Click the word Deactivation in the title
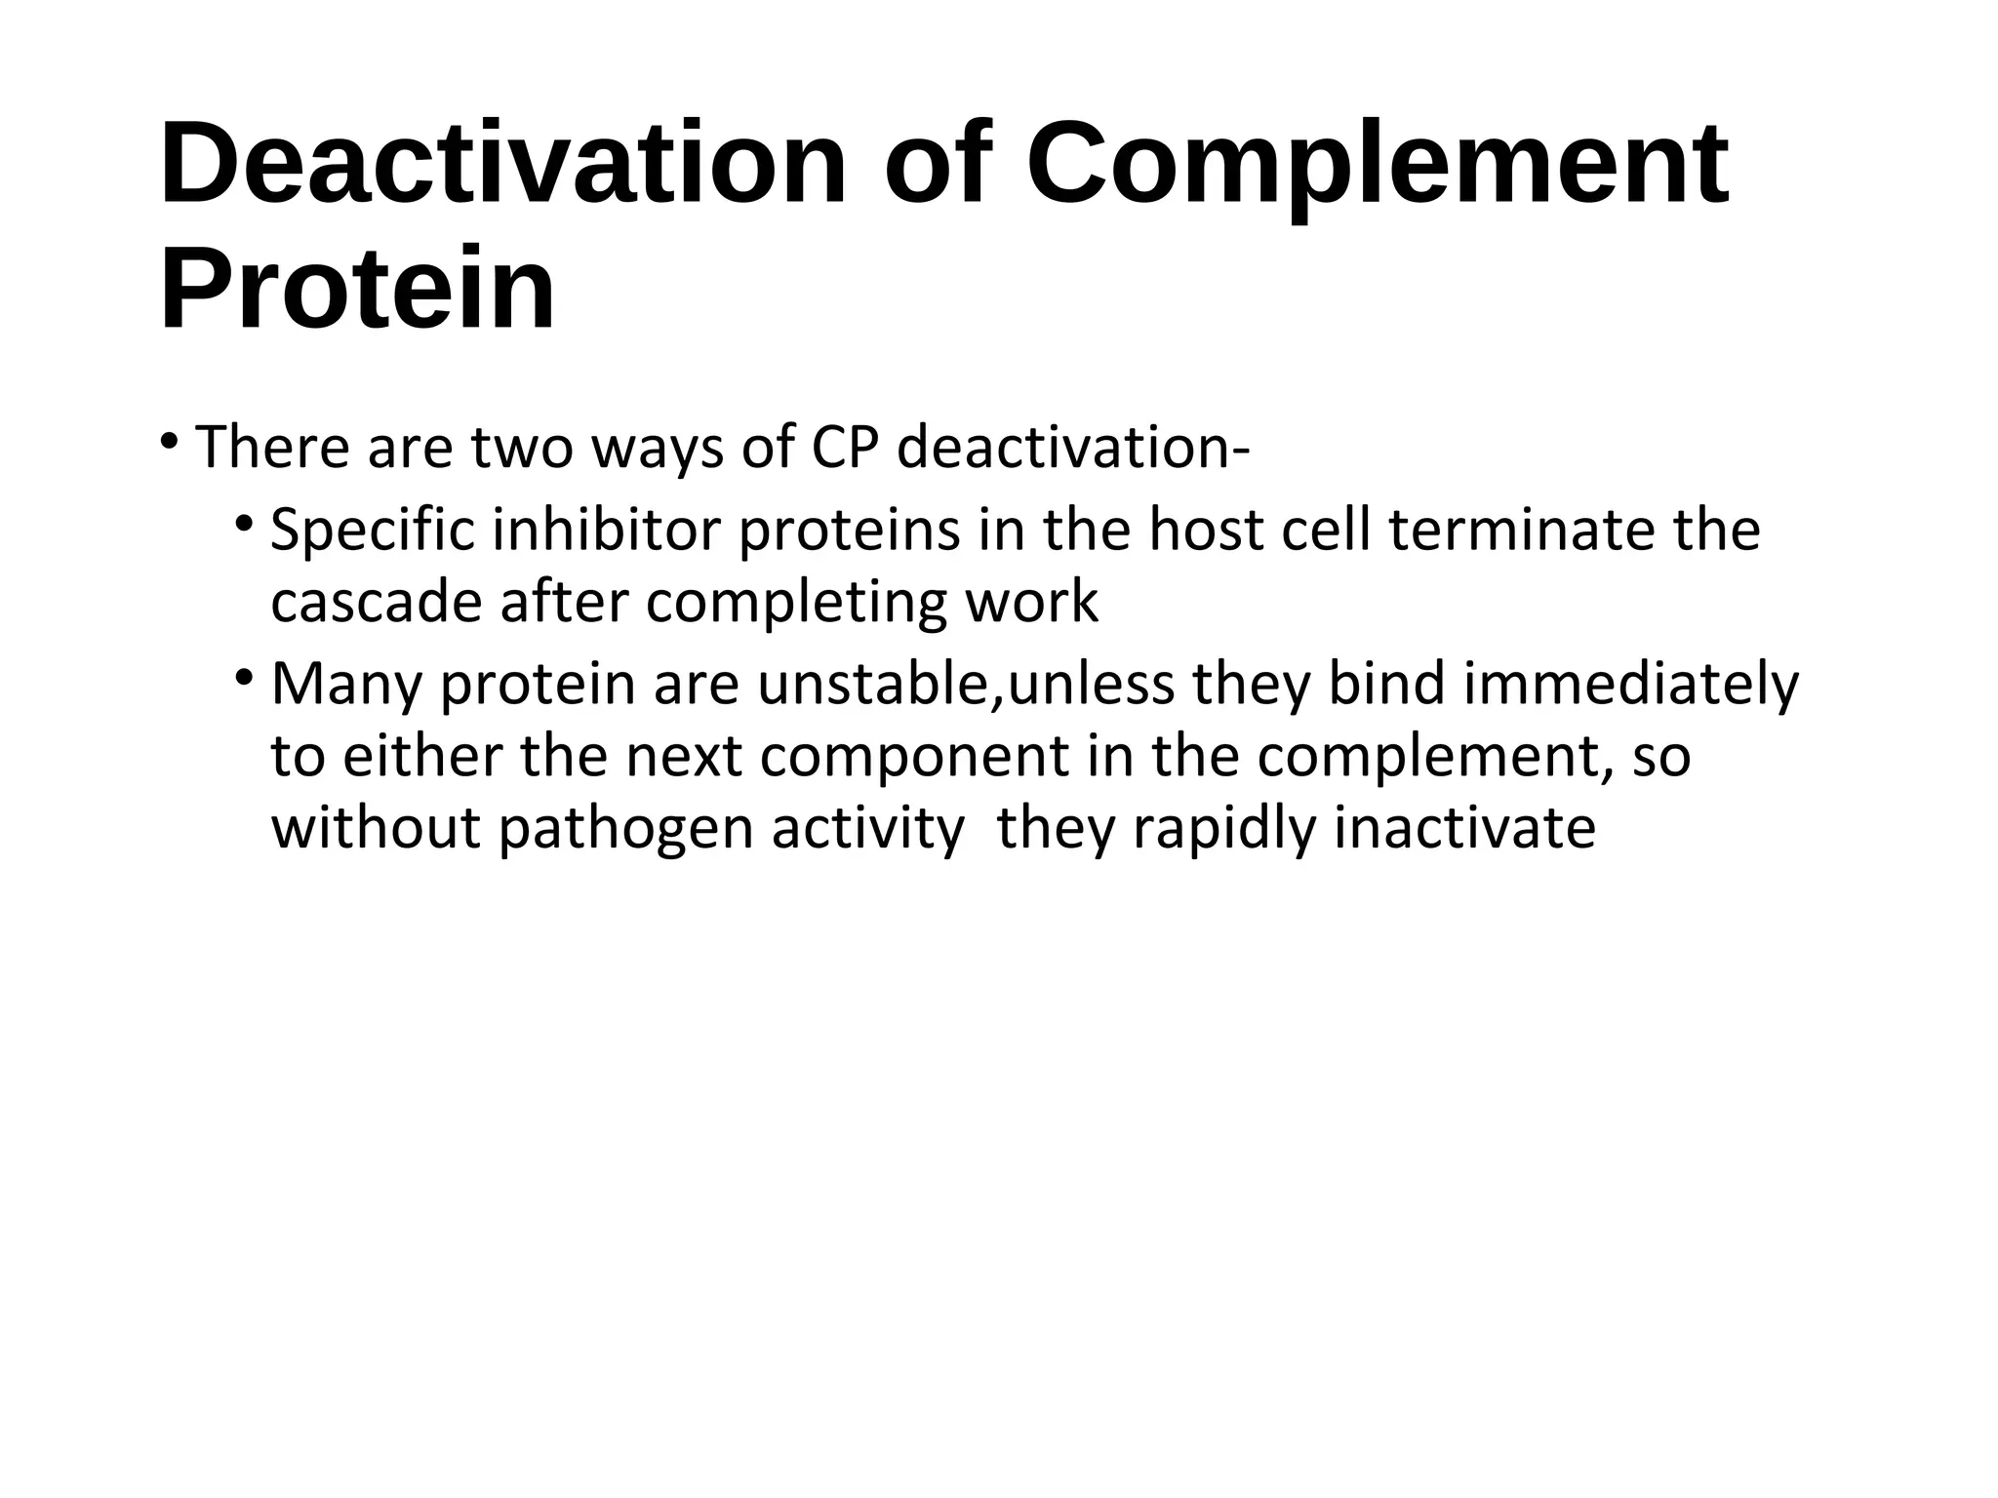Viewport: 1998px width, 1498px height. [x=502, y=164]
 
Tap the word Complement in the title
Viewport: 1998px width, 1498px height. [x=1378, y=164]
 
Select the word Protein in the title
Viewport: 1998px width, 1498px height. [x=357, y=291]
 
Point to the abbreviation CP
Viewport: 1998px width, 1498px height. [x=844, y=448]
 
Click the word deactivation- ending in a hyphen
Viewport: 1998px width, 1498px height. [x=1072, y=448]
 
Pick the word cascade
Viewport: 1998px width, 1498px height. [x=377, y=603]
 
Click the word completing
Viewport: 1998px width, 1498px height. [x=796, y=603]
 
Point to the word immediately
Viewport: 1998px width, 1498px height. [x=1630, y=685]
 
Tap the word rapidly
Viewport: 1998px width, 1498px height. [x=1224, y=829]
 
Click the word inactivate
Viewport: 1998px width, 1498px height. [x=1464, y=829]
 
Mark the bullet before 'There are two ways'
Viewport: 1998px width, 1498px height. [x=170, y=441]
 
